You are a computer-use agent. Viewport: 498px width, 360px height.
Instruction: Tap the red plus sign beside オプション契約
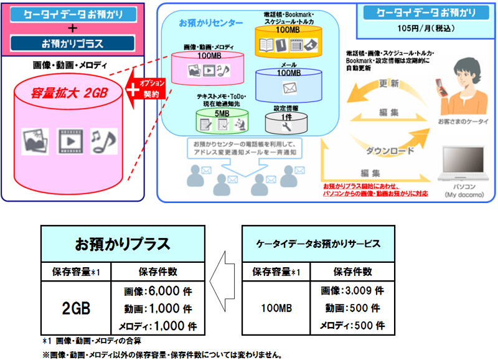(133, 89)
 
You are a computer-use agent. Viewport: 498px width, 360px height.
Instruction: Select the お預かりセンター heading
(210, 23)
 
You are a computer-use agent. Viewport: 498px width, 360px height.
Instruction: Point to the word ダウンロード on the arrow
(389, 150)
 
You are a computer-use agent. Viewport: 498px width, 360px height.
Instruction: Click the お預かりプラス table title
(123, 243)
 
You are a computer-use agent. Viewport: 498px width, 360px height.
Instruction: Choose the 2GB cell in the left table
(78, 308)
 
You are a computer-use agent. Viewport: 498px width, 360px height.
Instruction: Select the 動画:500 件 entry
(352, 308)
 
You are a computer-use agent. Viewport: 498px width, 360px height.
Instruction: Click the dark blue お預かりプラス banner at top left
(73, 44)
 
